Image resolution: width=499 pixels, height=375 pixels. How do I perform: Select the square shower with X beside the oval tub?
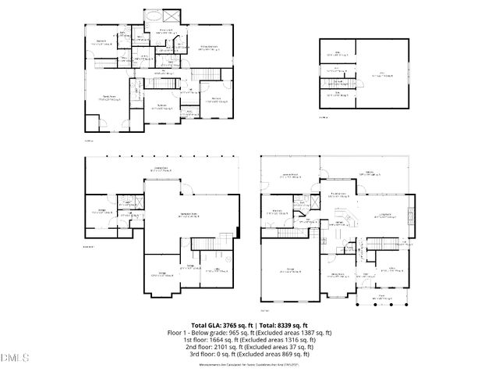pyautogui.click(x=172, y=15)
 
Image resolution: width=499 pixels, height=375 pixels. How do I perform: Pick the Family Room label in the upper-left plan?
pyautogui.click(x=103, y=97)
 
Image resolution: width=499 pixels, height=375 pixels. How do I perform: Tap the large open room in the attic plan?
pyautogui.click(x=383, y=75)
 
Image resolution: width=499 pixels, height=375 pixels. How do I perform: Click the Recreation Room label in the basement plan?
pyautogui.click(x=188, y=214)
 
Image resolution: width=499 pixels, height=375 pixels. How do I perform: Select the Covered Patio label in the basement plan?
pyautogui.click(x=160, y=168)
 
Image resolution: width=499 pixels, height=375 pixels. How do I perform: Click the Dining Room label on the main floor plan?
pyautogui.click(x=338, y=275)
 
